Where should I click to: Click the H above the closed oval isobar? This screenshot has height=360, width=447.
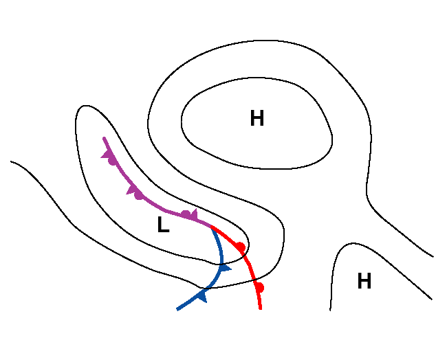[x=257, y=119]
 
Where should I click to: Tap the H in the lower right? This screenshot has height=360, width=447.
[x=364, y=281]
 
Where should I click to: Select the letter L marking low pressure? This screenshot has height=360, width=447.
[x=163, y=225]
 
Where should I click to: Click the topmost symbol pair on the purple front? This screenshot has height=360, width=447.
[x=110, y=158]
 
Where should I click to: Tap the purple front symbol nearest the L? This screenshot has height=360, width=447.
[x=188, y=215]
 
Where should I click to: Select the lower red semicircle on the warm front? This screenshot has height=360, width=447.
[x=259, y=286]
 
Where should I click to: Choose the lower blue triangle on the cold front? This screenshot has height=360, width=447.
[x=201, y=295]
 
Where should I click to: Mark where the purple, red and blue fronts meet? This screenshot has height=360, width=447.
[x=210, y=226]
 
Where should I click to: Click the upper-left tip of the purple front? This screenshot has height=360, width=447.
[x=104, y=138]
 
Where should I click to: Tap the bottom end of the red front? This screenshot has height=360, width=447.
[x=261, y=308]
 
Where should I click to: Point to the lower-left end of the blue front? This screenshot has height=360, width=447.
[x=177, y=309]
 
